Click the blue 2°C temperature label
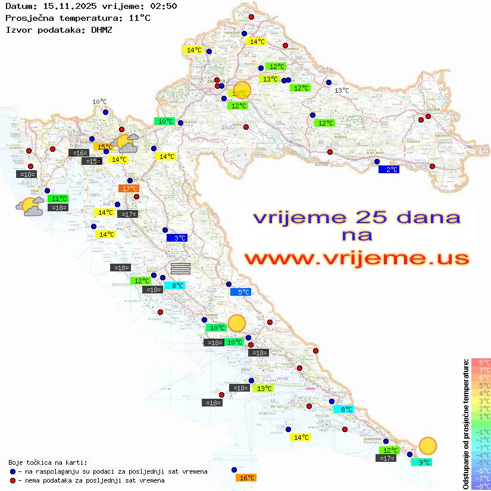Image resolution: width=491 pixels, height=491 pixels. pos(388,170)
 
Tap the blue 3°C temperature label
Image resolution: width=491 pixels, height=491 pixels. pos(177,238)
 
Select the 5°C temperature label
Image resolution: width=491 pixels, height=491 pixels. pos(240,292)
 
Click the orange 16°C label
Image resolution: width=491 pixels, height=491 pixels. pos(246,478)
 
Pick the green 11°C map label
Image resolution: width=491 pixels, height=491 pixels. pos(58,199)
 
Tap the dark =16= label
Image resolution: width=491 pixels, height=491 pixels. pos(79,153)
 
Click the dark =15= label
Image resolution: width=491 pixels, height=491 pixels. pos(90,161)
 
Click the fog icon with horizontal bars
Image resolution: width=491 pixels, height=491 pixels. pos(180,268)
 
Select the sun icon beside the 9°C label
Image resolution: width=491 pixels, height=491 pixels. pos(427,445)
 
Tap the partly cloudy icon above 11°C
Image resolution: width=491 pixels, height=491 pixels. pos(30,207)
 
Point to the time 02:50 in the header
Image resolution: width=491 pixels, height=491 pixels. pos(164,6)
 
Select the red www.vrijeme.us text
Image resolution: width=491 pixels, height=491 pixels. pos(356,258)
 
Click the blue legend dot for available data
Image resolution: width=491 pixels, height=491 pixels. pos(12,471)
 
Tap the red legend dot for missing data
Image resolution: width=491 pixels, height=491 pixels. pos(12,480)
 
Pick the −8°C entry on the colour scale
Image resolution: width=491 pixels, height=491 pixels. pos(481,486)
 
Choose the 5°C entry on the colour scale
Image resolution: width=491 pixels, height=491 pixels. pos(481,386)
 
